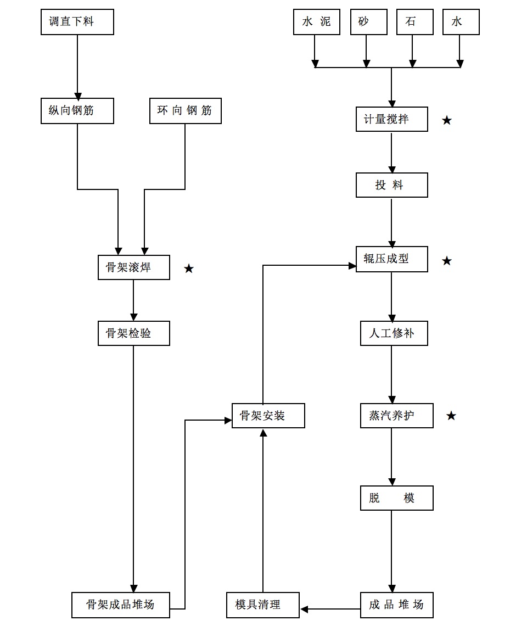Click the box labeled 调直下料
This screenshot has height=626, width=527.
77,23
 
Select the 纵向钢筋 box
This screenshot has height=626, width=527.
77,111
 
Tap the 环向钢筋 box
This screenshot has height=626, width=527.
186,111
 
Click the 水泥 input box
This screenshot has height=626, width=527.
316,23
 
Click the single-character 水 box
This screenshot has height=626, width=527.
461,23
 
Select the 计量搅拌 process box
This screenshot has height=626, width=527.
391,119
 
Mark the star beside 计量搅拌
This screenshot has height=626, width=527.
447,120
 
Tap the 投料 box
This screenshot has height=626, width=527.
391,186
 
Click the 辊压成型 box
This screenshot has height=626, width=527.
391,259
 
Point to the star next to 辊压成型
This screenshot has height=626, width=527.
447,261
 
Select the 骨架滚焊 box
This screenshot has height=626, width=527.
133,268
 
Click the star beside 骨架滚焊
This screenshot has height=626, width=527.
189,269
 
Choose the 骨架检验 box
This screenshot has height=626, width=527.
133,333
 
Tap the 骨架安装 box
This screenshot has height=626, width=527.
268,416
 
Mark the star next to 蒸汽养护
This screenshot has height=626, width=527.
451,416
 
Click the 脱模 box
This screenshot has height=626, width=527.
396,498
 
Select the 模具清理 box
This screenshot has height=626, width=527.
263,605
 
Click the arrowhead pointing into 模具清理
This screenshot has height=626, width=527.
304,609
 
